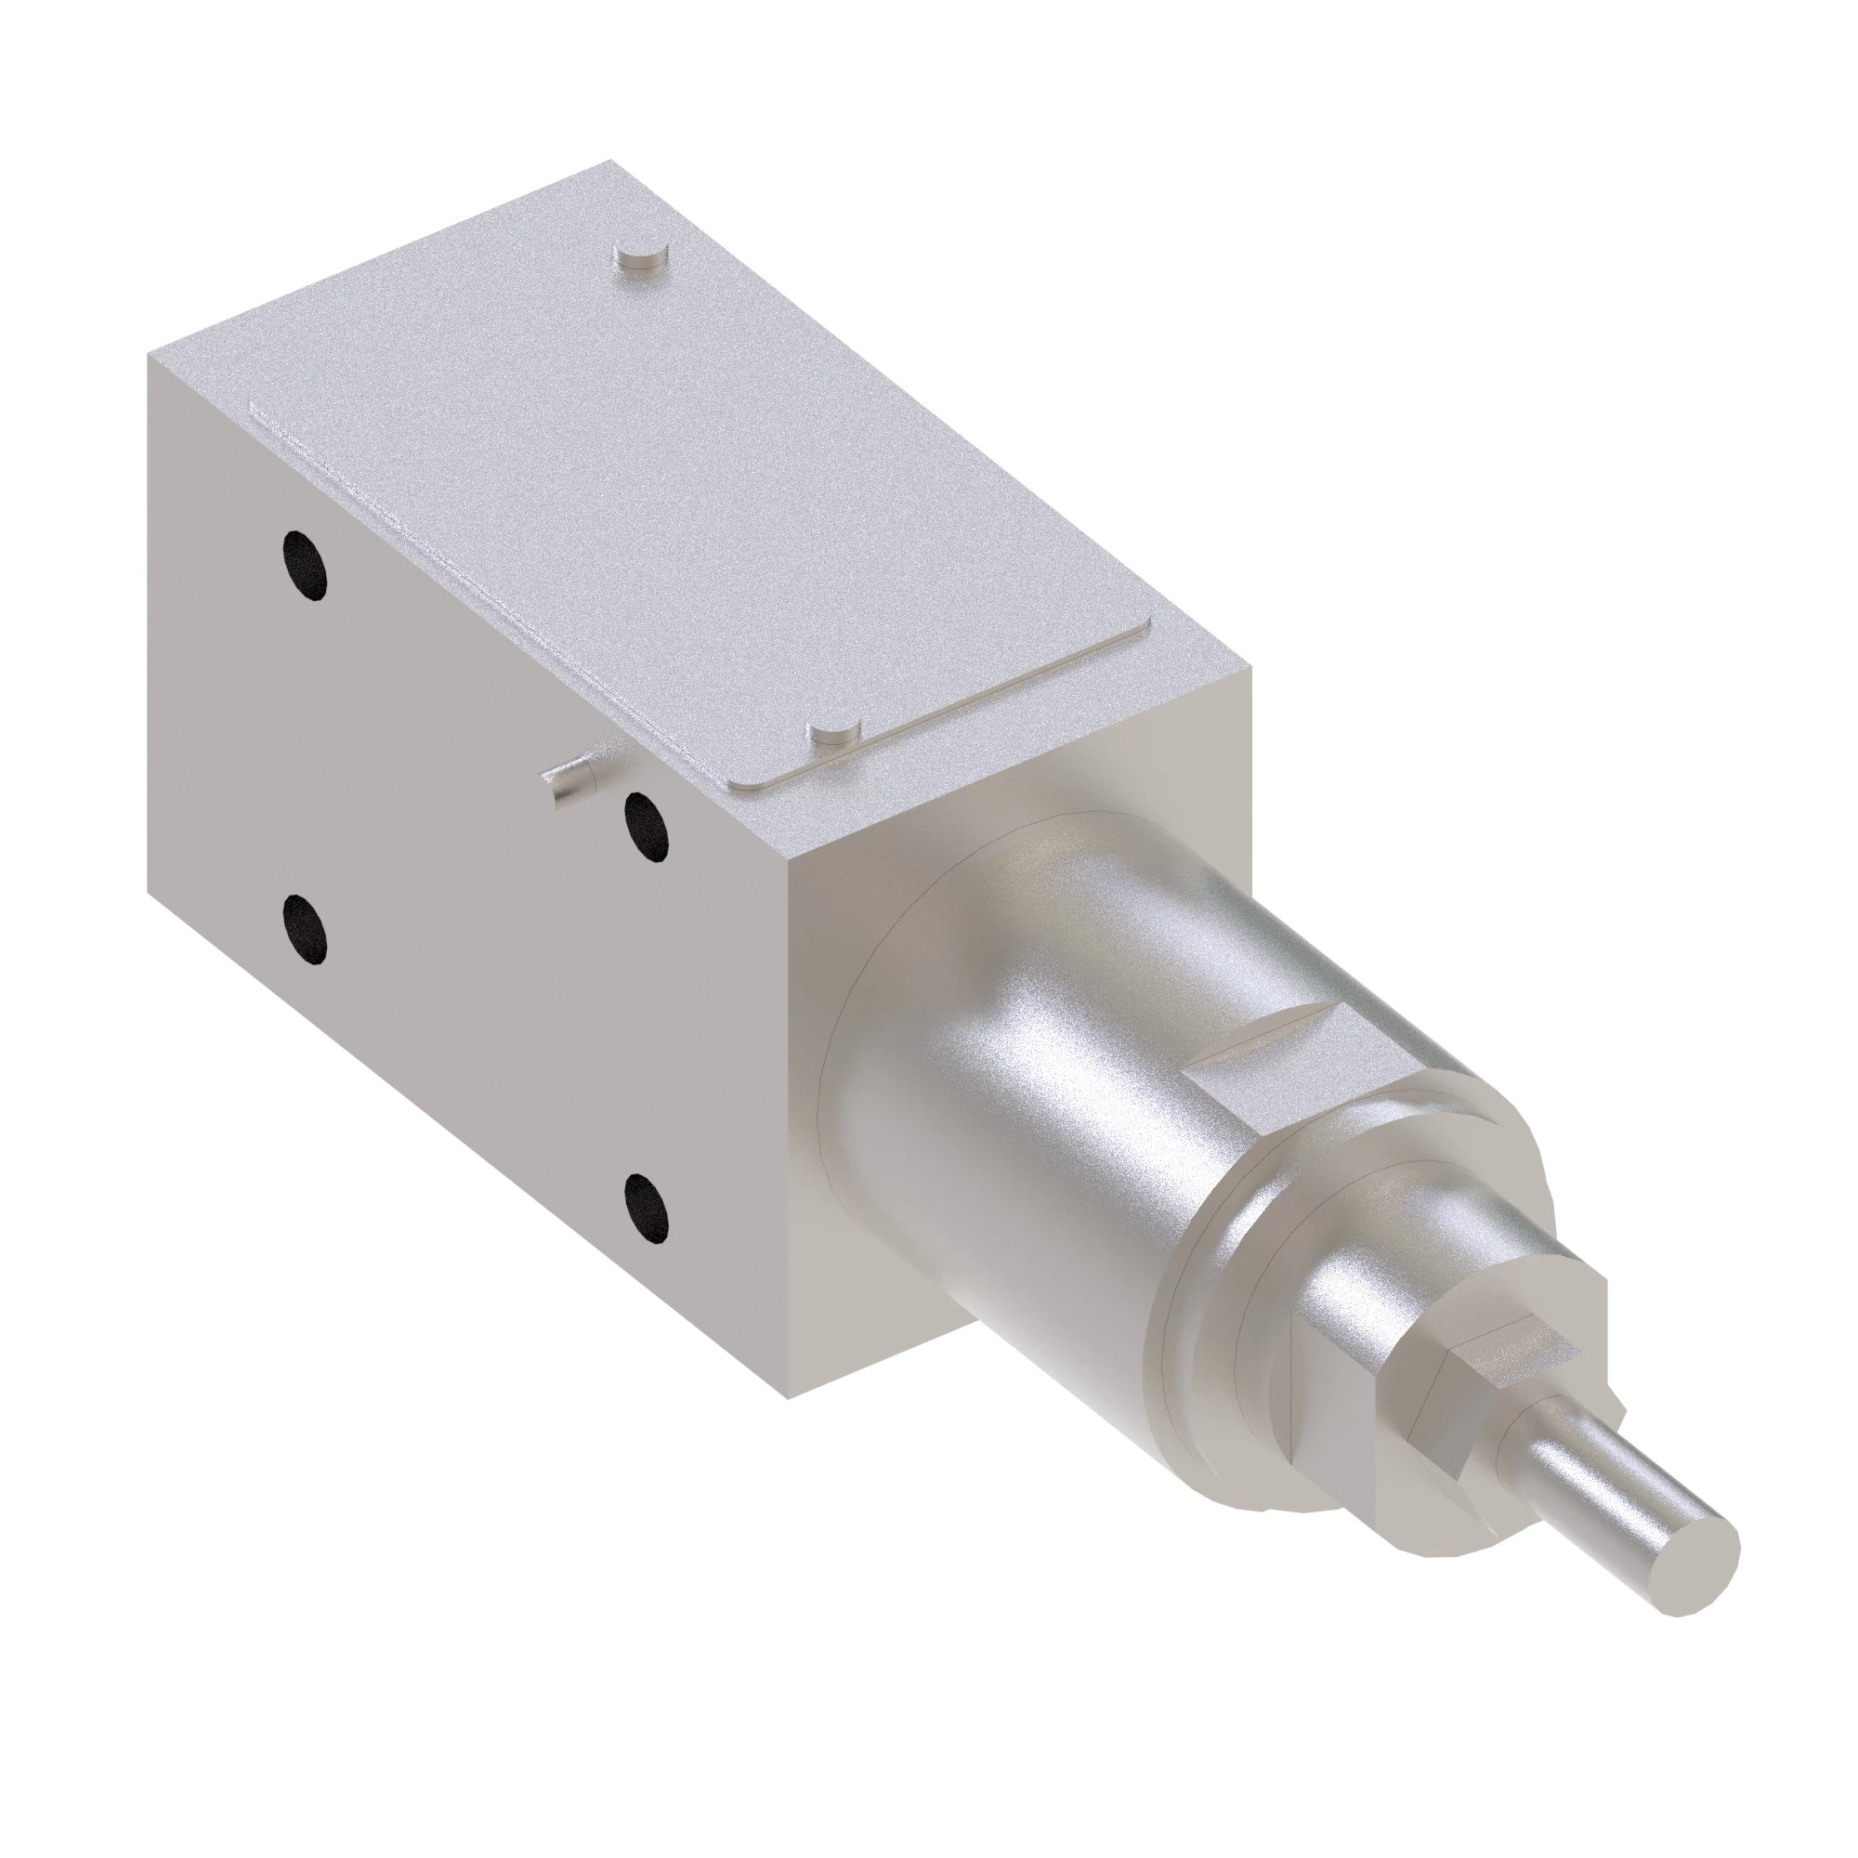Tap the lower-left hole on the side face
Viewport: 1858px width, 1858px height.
point(305,929)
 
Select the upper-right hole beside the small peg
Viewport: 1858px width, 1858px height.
point(646,826)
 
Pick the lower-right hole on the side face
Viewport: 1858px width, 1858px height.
point(646,1207)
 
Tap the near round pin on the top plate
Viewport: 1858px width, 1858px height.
point(832,735)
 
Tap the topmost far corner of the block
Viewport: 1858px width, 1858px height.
point(608,161)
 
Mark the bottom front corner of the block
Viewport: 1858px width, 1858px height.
point(789,1424)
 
